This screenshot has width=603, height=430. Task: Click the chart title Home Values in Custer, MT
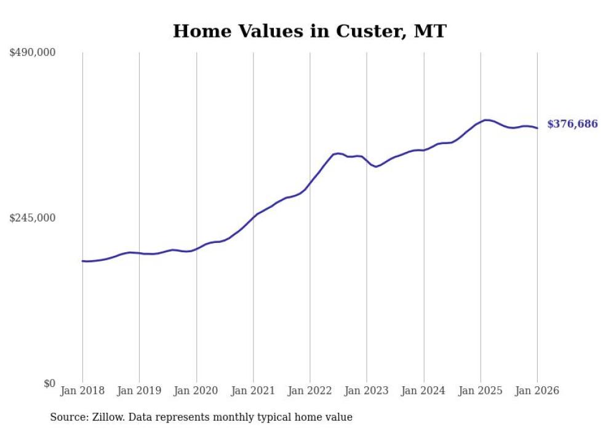coord(309,31)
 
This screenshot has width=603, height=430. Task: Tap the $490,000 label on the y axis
coord(32,53)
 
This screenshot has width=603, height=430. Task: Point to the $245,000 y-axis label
coord(32,218)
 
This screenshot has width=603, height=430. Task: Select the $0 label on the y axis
coord(49,384)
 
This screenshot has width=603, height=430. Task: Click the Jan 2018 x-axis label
coord(82,391)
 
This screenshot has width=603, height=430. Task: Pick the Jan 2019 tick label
coord(139,391)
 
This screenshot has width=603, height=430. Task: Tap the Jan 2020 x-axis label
coord(196,391)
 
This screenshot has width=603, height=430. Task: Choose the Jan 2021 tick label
coord(253,391)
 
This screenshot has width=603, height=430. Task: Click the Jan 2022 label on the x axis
coord(310,391)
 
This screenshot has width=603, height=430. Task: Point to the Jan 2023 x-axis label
coord(367,391)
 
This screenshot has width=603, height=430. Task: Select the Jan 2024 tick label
coord(423,391)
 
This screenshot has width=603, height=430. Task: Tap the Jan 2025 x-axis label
coord(481,391)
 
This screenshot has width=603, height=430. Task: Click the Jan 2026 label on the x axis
coord(537,391)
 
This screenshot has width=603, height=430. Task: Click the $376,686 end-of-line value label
coord(572,124)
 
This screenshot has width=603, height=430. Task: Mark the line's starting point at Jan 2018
coord(82,261)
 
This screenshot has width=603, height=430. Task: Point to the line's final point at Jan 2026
coord(537,128)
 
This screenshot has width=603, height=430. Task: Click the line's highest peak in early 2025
coord(486,120)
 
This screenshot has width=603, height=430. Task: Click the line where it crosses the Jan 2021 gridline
coord(253,217)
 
